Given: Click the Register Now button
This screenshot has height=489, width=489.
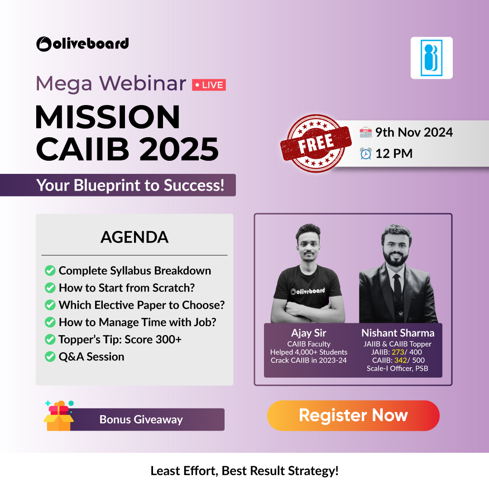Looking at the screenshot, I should (x=353, y=415).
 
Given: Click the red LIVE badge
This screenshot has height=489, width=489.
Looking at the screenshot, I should (x=209, y=85).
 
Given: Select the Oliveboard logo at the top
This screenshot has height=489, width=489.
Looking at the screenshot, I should (x=82, y=43).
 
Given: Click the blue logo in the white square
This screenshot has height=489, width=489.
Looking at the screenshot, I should (x=431, y=58).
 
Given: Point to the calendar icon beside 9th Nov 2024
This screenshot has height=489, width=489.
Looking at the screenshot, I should (x=365, y=132).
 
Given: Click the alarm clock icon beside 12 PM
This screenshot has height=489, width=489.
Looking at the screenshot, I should (x=365, y=153).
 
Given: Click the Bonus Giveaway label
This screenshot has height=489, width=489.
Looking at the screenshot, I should (x=141, y=419).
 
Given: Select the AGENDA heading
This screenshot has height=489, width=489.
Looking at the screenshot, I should (x=134, y=237).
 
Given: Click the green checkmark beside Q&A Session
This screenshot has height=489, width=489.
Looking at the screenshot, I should (x=50, y=357).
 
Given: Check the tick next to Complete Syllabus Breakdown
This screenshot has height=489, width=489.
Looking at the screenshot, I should (x=50, y=271).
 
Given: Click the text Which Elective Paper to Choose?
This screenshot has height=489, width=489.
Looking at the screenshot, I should (x=141, y=305).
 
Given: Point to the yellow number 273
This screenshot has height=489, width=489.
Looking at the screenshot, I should (x=397, y=352).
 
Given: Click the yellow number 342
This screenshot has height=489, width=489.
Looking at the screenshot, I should (x=398, y=360).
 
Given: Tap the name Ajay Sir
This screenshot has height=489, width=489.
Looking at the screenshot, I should (x=308, y=333).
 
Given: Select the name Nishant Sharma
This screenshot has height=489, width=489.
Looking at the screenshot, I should (x=398, y=333).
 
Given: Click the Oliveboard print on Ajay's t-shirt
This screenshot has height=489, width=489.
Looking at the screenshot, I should (x=308, y=291).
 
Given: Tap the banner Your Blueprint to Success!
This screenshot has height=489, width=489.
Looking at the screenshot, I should (x=130, y=185).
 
